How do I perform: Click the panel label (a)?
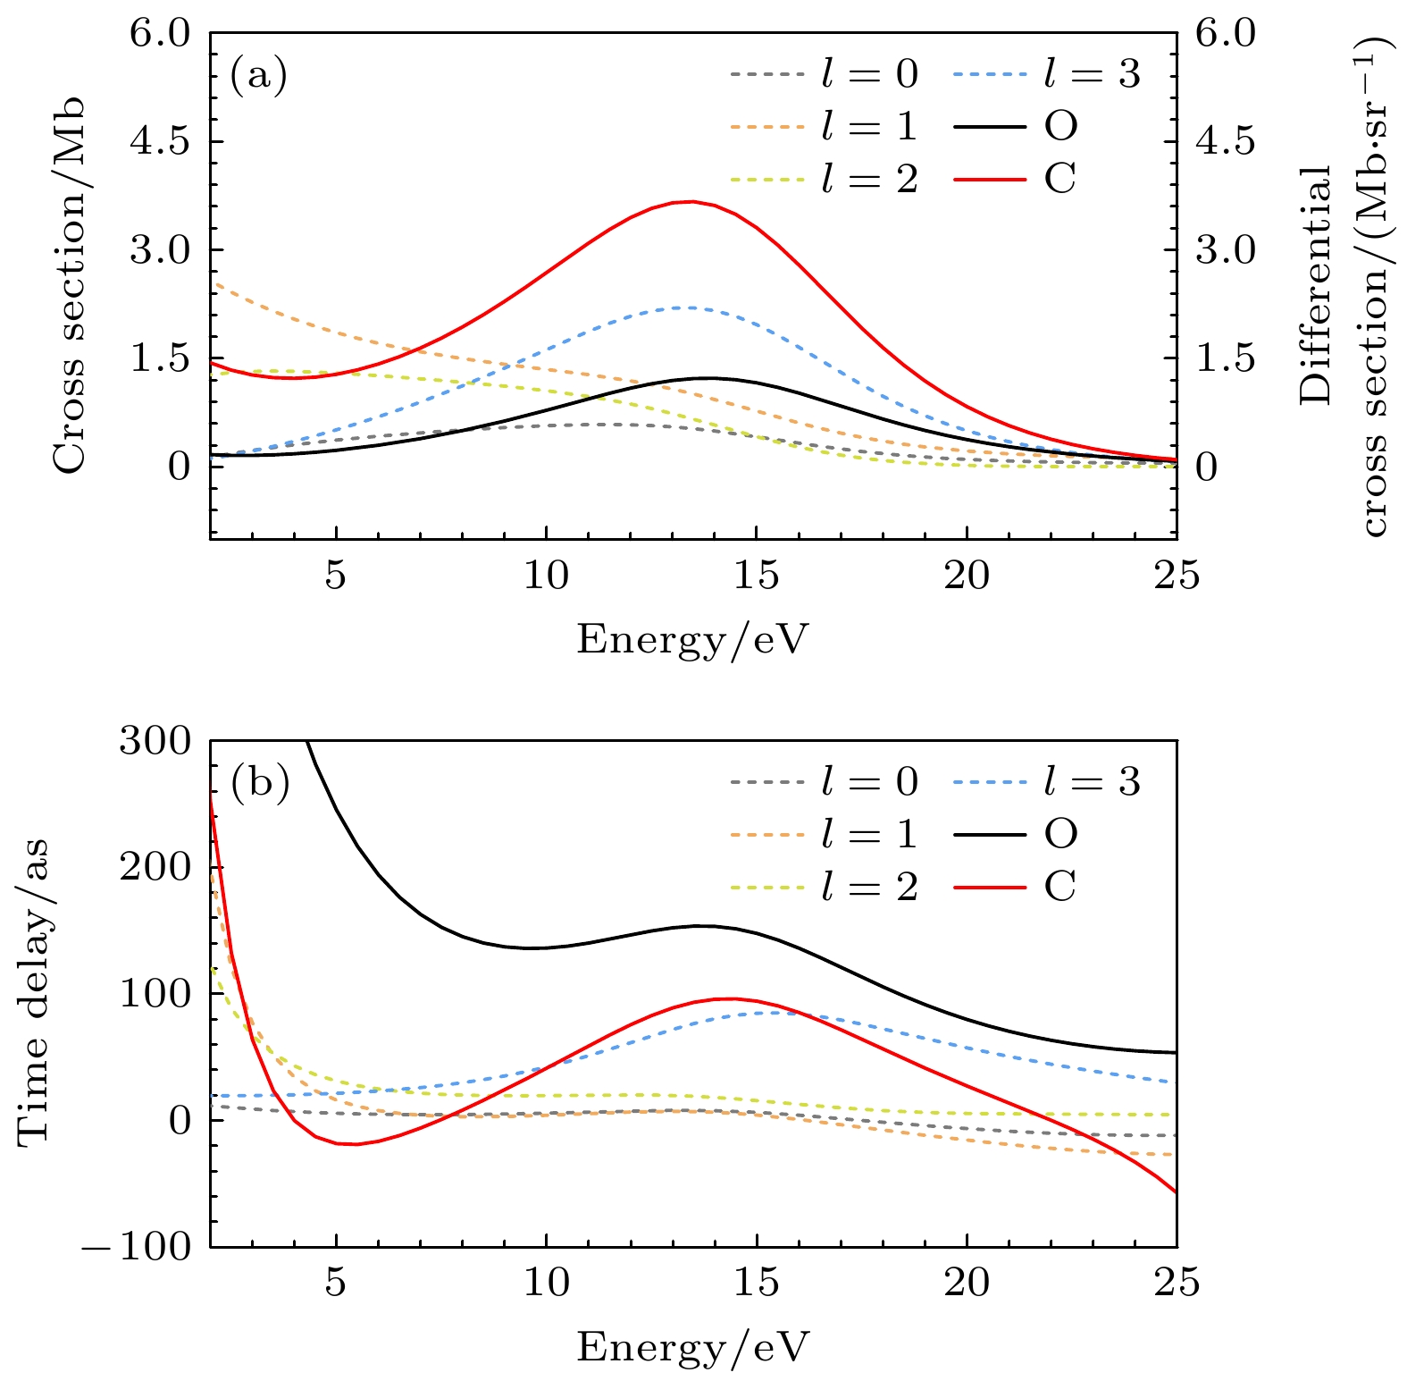click(x=259, y=75)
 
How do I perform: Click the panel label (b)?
click(x=260, y=783)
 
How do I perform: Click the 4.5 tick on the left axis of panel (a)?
click(x=161, y=141)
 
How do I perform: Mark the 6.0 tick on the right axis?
click(x=1226, y=34)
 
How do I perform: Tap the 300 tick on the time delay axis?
click(x=155, y=741)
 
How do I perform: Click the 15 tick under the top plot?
click(x=757, y=577)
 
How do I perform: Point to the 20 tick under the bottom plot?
click(x=967, y=1284)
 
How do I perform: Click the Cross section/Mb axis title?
click(x=69, y=284)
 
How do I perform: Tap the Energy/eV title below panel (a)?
click(x=692, y=640)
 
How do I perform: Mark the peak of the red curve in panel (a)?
click(x=690, y=202)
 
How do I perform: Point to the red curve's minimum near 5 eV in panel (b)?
click(x=355, y=1144)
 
